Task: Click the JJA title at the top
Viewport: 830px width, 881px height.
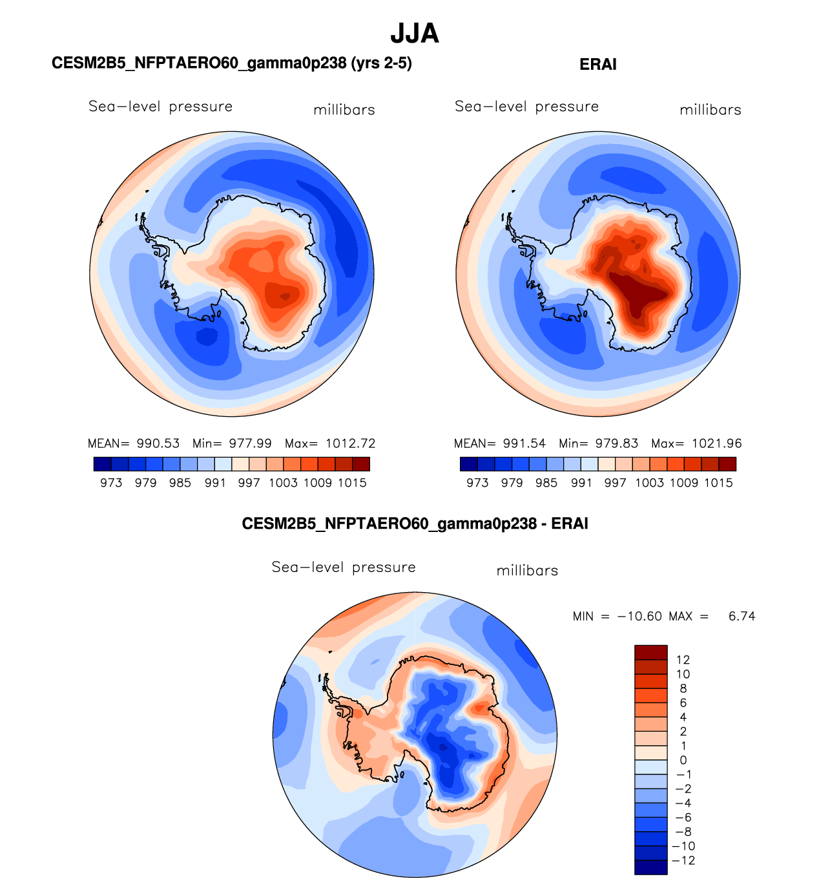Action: coord(415,34)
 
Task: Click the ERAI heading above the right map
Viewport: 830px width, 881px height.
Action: coord(598,65)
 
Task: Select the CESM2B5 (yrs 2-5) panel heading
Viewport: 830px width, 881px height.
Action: coord(231,63)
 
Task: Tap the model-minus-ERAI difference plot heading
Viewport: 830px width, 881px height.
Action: coord(415,524)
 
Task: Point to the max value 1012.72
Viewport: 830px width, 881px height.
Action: coord(350,444)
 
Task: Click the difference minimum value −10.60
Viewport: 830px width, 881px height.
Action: coord(639,617)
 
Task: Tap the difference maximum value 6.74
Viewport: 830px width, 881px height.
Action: coord(742,617)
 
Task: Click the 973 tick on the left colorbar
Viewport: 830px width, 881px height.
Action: coord(111,483)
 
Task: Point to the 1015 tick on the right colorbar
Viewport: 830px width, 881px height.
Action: coord(718,483)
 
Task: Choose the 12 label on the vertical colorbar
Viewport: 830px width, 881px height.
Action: coord(683,660)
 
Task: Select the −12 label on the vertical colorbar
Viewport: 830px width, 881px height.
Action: coord(685,860)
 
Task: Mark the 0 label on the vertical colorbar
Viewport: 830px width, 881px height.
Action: coord(683,760)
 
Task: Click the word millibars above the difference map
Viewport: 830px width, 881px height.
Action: coord(527,571)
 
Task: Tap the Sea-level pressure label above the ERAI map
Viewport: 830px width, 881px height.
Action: coord(526,107)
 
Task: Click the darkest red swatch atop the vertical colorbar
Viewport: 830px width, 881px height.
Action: coord(650,652)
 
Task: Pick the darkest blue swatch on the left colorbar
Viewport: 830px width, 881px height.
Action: coord(102,464)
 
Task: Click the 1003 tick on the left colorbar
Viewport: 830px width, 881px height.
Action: coord(283,483)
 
